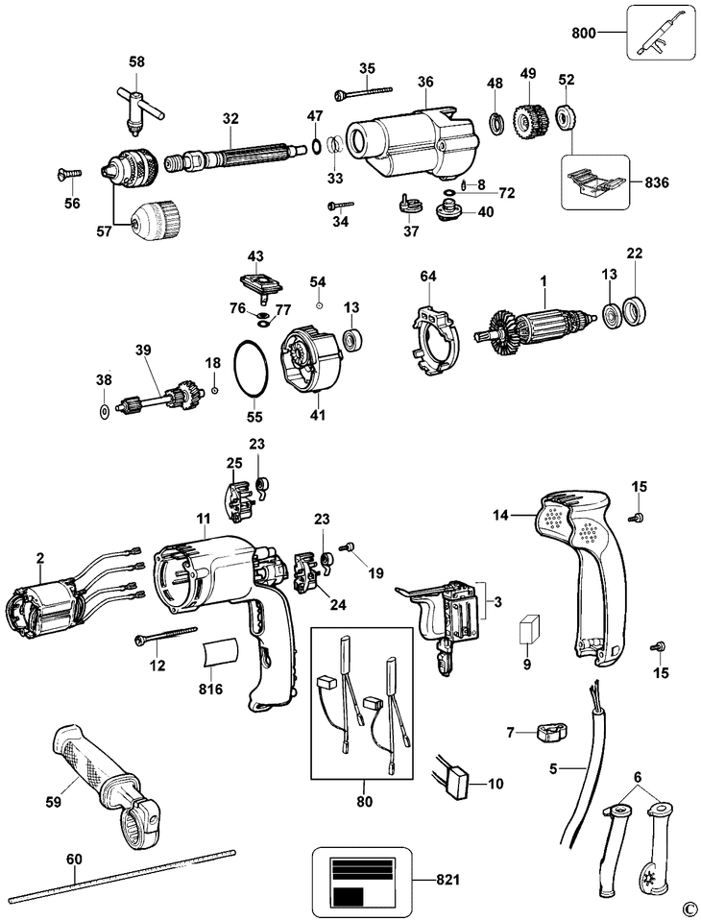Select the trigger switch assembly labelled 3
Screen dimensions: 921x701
pos(446,615)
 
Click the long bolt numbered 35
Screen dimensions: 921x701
pos(365,91)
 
